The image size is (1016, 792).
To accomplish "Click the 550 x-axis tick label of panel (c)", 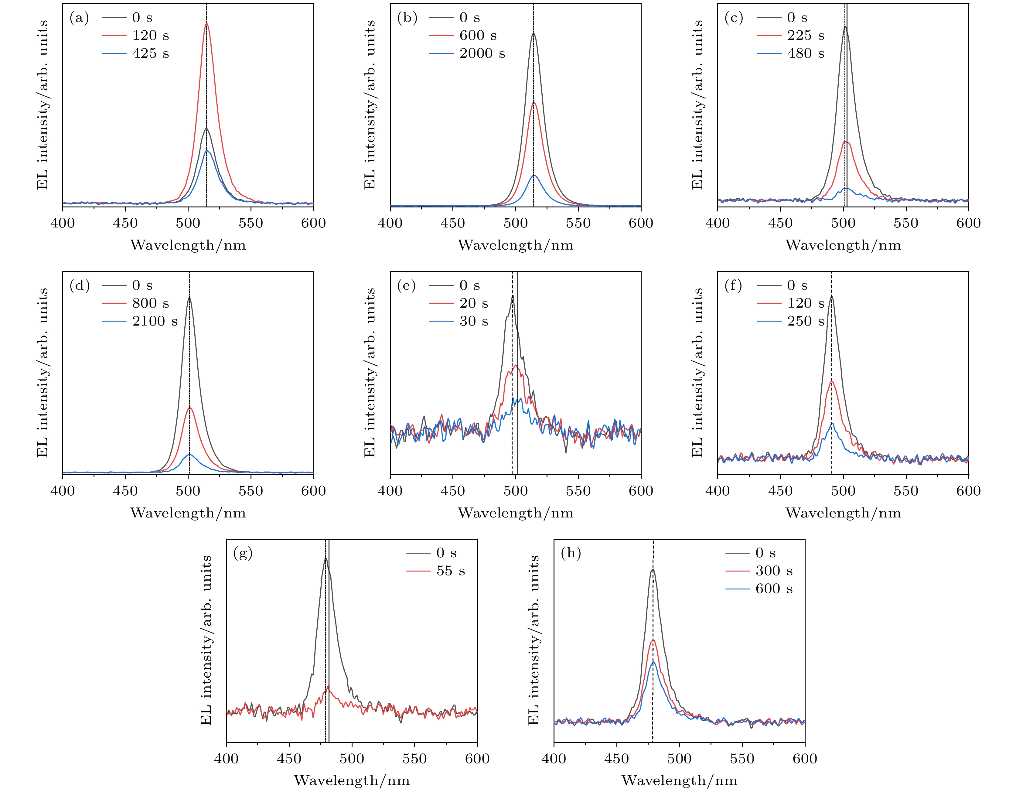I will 906,223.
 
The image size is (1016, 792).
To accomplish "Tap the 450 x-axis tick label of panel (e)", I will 453,491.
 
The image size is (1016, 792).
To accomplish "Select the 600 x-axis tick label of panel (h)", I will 805,759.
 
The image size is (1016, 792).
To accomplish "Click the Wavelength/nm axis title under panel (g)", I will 352,780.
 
